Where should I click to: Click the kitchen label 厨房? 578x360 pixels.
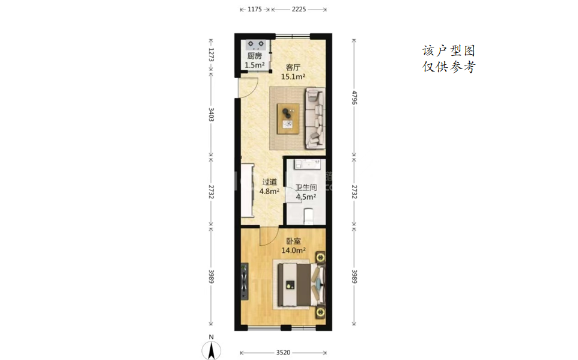click(x=254, y=56)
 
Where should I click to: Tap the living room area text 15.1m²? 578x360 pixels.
click(x=293, y=77)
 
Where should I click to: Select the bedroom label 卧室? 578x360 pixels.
click(x=293, y=241)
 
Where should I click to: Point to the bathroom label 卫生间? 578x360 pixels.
click(x=306, y=188)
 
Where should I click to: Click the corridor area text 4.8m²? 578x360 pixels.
click(x=269, y=192)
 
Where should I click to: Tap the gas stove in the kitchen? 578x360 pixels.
click(x=256, y=44)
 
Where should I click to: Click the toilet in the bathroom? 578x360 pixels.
click(x=308, y=216)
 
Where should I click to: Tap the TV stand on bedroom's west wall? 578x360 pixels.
click(x=244, y=281)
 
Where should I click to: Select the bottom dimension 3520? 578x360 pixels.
click(x=283, y=353)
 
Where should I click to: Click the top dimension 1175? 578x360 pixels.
click(x=254, y=9)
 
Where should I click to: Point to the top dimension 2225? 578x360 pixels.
click(x=299, y=9)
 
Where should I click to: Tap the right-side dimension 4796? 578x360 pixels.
click(x=354, y=97)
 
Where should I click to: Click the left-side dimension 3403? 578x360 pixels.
click(x=211, y=114)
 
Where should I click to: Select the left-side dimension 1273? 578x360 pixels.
click(x=211, y=55)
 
